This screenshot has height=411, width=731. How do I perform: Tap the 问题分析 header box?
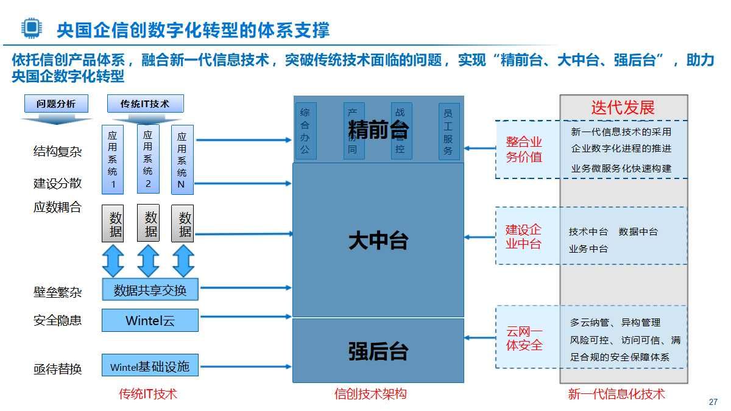point(56,104)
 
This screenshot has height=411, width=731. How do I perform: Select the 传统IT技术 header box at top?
point(145,104)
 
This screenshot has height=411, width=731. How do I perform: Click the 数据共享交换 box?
point(150,290)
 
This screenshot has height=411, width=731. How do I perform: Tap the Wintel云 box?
point(150,320)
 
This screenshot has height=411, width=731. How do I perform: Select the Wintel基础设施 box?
point(150,367)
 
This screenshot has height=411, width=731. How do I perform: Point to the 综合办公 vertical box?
point(305,131)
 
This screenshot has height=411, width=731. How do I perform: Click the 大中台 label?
point(378,241)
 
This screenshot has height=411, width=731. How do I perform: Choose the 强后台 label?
point(378,351)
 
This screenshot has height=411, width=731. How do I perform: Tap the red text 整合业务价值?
point(524,149)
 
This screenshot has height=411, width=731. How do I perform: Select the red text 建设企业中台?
point(524,237)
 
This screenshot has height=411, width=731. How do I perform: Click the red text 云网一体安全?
point(524,338)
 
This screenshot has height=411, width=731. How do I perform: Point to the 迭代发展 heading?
point(623,108)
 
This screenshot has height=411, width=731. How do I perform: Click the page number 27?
point(713,402)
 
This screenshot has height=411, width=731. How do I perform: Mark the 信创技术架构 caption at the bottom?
point(370,394)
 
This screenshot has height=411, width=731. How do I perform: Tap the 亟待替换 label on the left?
point(57,369)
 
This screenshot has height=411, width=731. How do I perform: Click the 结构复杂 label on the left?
point(57,152)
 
